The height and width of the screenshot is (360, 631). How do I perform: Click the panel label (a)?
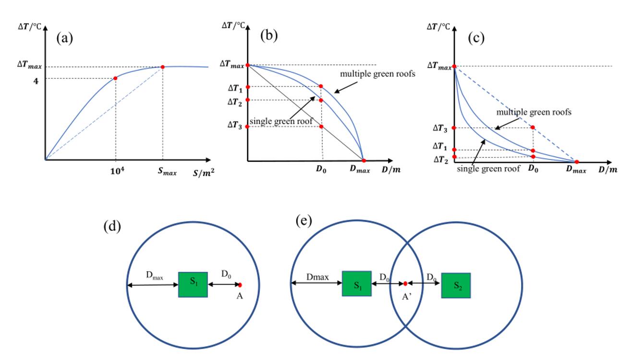[x=64, y=38]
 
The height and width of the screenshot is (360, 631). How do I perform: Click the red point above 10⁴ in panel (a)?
[x=116, y=78]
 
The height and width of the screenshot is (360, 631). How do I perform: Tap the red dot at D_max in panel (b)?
[x=364, y=160]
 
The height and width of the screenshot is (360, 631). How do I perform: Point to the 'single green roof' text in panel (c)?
[x=488, y=168]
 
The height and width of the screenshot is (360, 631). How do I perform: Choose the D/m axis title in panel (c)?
[x=607, y=170]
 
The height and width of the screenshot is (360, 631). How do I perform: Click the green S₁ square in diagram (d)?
[x=193, y=284]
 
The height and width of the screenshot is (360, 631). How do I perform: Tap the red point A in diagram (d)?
[x=239, y=285]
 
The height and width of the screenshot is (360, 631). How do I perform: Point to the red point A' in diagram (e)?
[x=405, y=284]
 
